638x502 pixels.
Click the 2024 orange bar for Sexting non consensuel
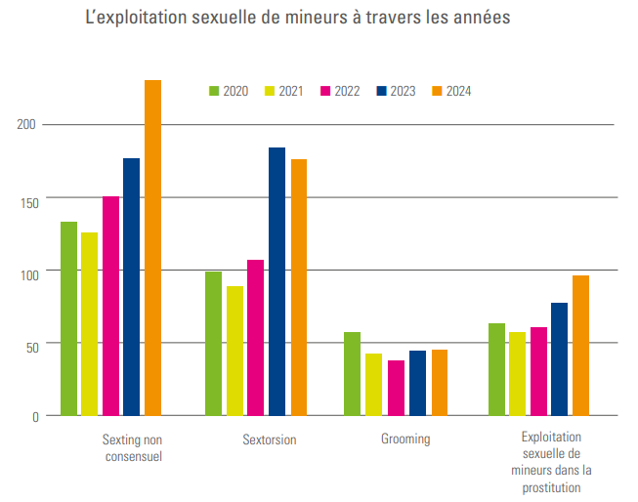tap(152, 248)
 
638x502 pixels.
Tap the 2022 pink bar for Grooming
tap(396, 388)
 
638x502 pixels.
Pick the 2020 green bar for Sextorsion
tap(213, 344)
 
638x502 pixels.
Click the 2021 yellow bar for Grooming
tap(373, 385)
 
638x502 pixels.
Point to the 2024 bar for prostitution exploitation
tap(580, 346)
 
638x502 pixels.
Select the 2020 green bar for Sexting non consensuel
tap(68, 318)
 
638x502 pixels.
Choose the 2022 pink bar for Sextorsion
tap(255, 338)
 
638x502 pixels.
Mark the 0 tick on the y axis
tap(34, 416)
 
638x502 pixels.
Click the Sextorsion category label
tap(270, 439)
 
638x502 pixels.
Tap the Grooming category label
tap(405, 439)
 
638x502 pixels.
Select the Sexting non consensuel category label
tap(132, 447)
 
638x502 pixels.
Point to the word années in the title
tap(478, 19)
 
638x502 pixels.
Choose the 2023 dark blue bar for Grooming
tap(417, 383)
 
